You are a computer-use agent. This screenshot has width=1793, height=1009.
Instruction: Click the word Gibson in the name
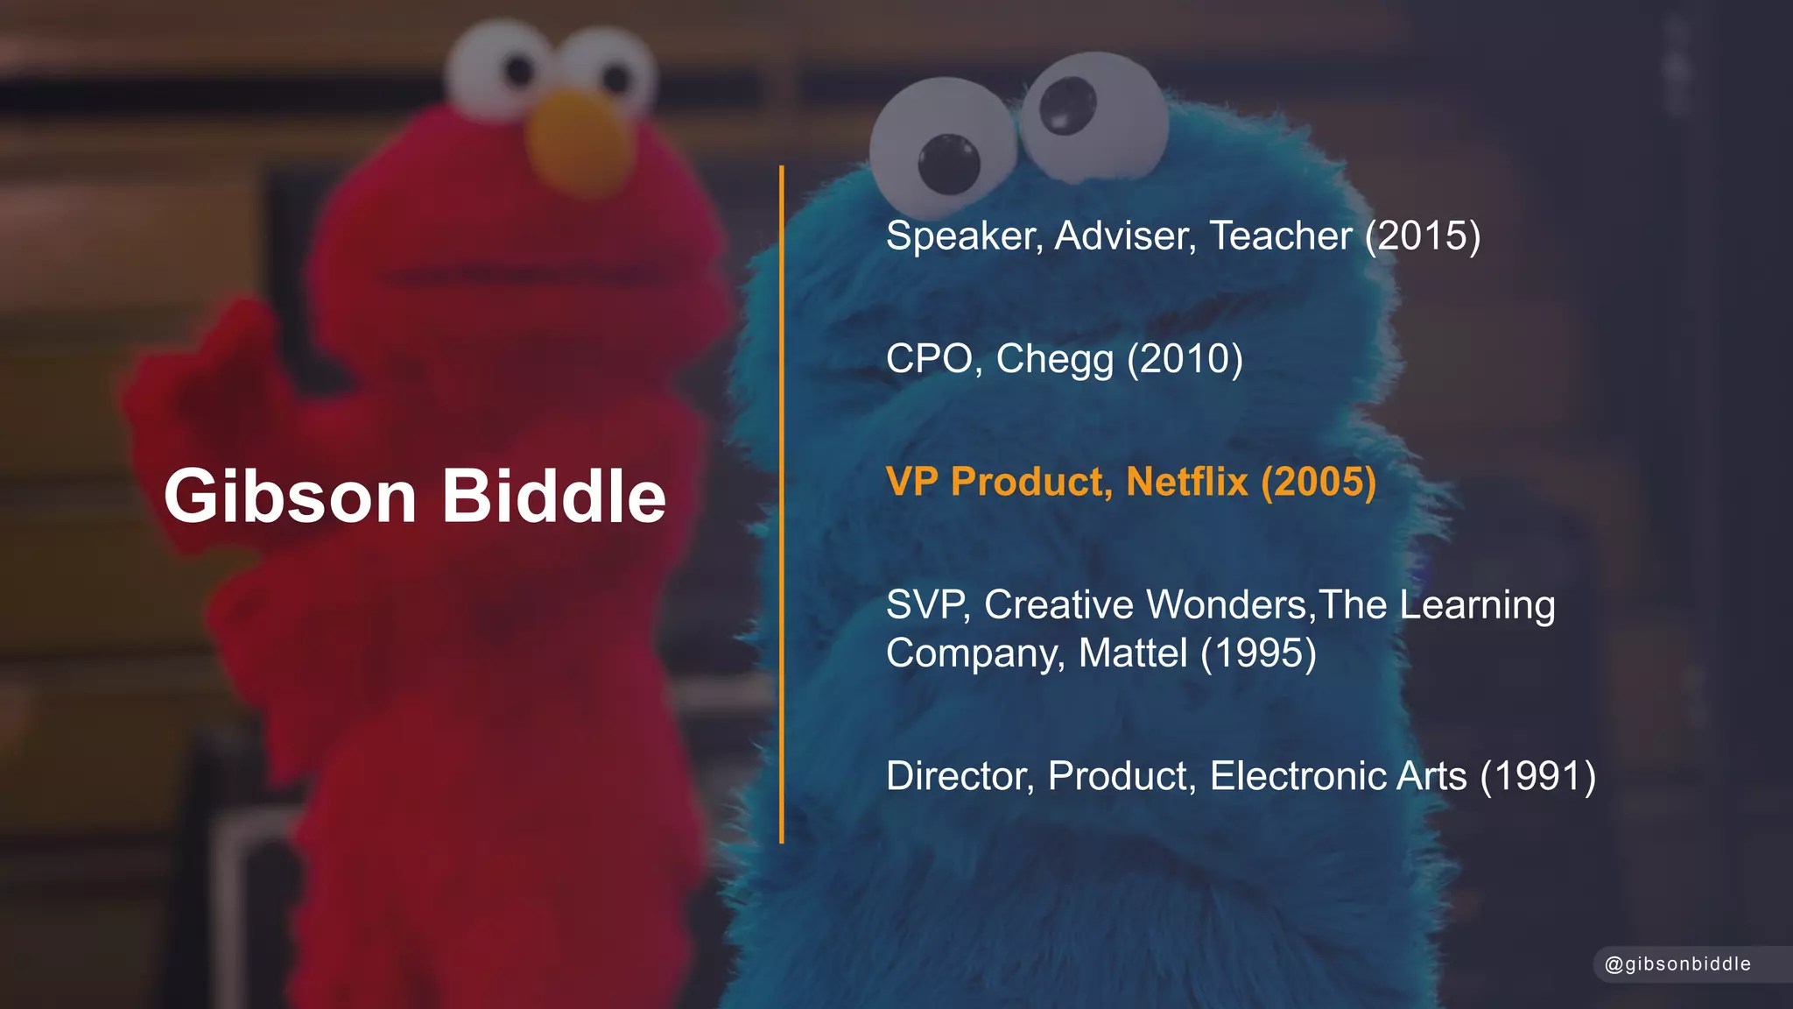290,497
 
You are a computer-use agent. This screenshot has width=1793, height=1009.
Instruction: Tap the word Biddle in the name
554,497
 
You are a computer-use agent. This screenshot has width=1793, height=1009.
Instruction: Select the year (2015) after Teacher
1423,236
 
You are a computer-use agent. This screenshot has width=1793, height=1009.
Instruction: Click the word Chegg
1055,359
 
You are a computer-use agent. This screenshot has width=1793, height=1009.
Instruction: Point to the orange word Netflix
1187,482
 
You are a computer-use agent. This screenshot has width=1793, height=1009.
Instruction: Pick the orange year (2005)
1318,482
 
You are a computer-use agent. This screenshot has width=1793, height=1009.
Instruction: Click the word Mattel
1133,653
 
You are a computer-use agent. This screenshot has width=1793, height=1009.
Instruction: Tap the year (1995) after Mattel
1258,653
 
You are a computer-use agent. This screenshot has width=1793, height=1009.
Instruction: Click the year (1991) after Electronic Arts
1538,776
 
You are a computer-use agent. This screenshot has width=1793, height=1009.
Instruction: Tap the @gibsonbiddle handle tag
1677,964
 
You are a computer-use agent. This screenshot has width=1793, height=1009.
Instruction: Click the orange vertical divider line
782,504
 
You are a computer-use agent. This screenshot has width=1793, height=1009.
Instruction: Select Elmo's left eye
496,66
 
